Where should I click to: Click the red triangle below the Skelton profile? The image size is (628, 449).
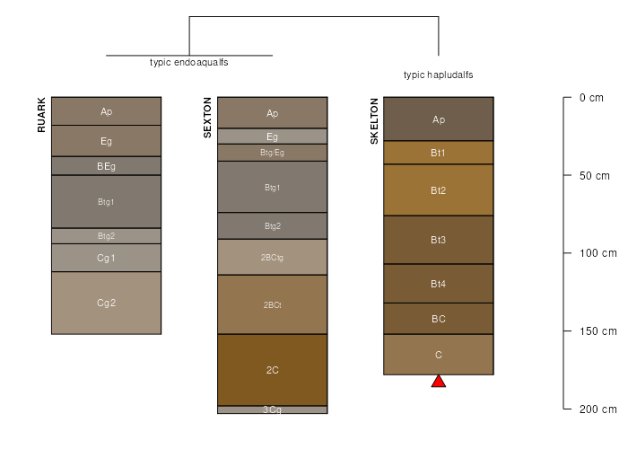[x=439, y=382]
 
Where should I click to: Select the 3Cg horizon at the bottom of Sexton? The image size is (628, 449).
[x=273, y=409]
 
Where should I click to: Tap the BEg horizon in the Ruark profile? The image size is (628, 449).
[x=106, y=166]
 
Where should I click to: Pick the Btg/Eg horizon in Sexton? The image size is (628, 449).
[x=273, y=153]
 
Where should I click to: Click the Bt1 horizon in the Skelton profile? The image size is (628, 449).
[x=439, y=153]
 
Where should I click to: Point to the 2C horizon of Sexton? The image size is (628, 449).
[x=273, y=370]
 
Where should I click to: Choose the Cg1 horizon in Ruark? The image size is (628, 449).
[x=106, y=258]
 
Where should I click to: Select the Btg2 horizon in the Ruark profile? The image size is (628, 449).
[x=106, y=236]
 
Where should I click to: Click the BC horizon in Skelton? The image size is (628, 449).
[x=439, y=319]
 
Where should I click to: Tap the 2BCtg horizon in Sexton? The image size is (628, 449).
[x=273, y=258]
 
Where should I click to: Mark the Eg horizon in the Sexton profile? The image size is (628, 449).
[x=273, y=136]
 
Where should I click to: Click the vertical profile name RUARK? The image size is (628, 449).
[x=41, y=115]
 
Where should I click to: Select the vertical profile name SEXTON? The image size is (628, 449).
[x=207, y=118]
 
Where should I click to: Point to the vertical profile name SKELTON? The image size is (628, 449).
[x=374, y=121]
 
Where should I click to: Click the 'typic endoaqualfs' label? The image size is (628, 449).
[x=189, y=63]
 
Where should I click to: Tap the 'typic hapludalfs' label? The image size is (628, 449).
[x=438, y=75]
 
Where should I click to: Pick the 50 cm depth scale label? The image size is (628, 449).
[x=594, y=176]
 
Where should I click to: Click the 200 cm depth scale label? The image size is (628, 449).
[x=598, y=409]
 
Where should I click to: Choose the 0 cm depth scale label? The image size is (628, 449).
[x=591, y=97]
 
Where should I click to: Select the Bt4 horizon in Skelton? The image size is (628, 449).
[x=439, y=284]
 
